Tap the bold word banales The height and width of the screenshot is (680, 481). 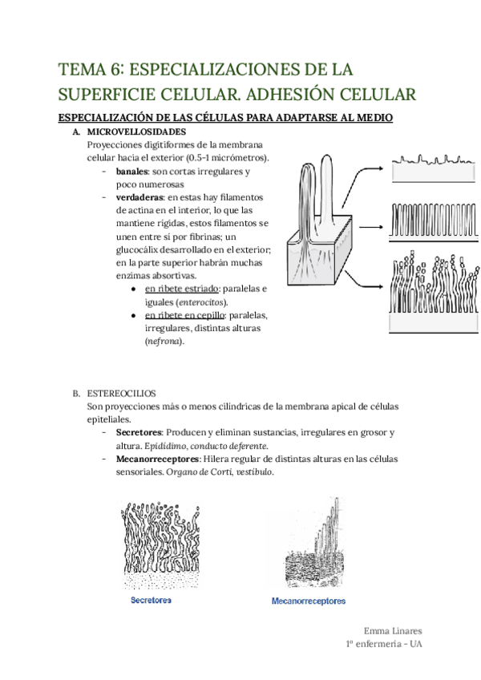pyautogui.click(x=132, y=172)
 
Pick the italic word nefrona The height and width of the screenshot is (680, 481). pyautogui.click(x=164, y=342)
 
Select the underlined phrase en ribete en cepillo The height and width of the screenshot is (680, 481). pyautogui.click(x=184, y=315)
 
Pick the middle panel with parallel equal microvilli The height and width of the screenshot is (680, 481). pyautogui.click(x=431, y=218)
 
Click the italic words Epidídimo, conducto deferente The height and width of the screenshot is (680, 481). pyautogui.click(x=206, y=445)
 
